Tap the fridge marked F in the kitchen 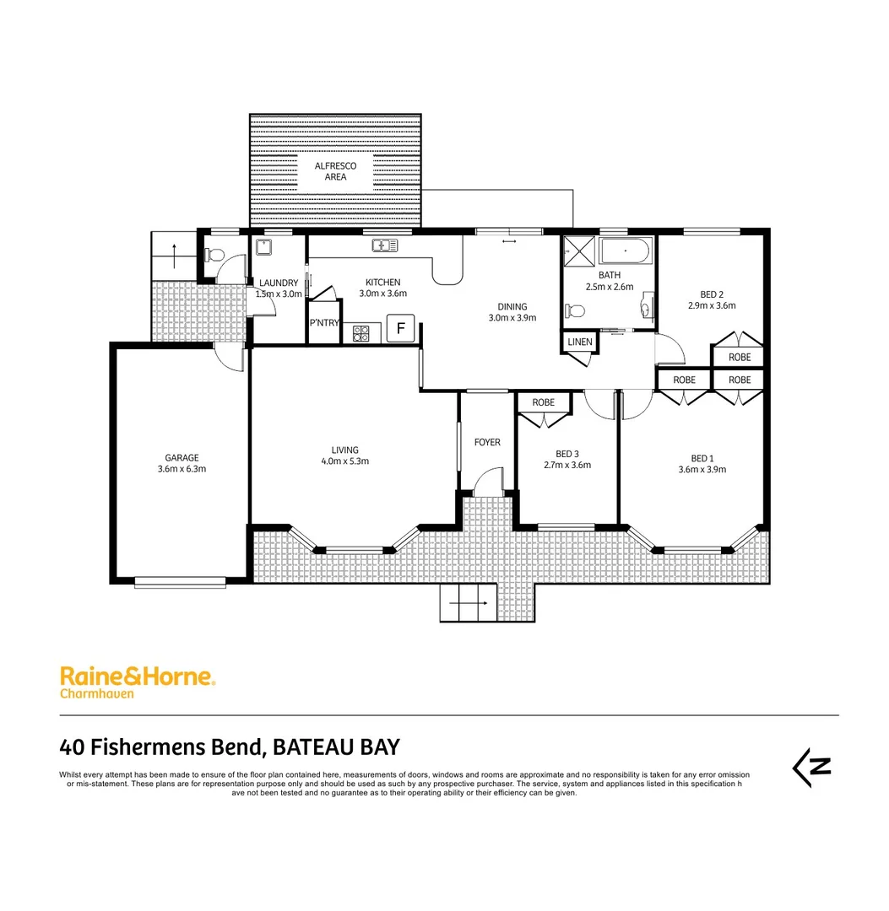pos(401,329)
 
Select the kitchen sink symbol pos(385,245)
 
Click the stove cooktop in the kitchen pos(362,333)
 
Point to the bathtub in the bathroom pos(625,251)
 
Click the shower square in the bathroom pos(580,251)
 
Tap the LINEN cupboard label pos(580,342)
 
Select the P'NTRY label pos(324,323)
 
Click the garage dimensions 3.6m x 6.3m pos(182,469)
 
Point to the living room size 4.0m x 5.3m pos(344,461)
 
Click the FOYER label pos(487,442)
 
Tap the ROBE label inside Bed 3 pos(544,402)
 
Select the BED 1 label pos(702,459)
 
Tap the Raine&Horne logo pos(138,677)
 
